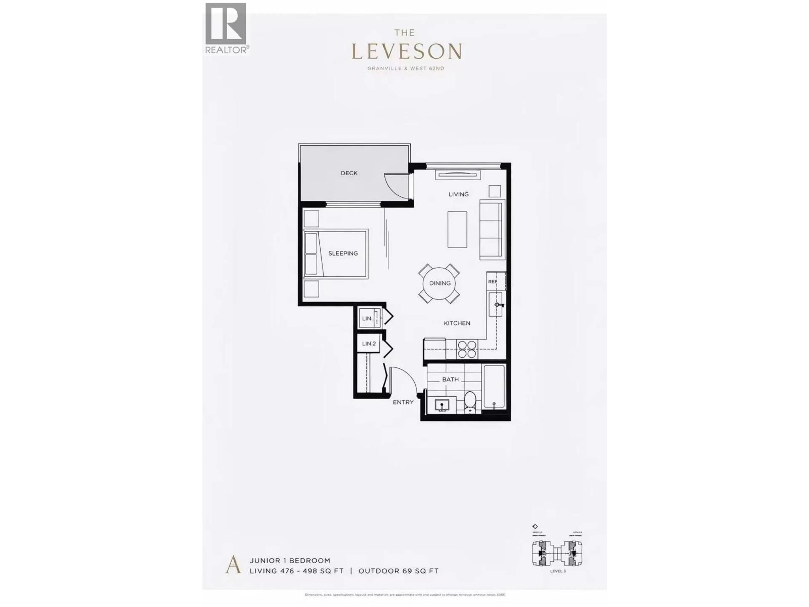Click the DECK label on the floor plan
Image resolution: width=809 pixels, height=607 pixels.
point(349,173)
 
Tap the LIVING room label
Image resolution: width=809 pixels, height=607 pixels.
point(458,194)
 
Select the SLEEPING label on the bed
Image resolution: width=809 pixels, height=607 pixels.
point(343,253)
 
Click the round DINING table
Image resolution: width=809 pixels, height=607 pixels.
point(440,283)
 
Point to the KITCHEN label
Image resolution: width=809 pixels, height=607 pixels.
point(457,323)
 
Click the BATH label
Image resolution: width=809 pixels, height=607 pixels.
point(450,379)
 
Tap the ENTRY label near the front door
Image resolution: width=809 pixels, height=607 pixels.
point(403,402)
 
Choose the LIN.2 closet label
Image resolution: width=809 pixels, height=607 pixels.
point(369,344)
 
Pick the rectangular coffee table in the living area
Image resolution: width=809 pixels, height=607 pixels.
point(457,229)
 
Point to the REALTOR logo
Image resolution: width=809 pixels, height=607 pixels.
point(226,28)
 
